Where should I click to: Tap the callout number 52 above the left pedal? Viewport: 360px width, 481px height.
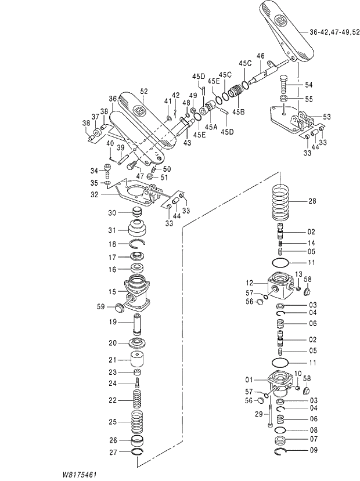tap(144, 91)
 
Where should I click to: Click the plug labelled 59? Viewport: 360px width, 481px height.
tap(121, 306)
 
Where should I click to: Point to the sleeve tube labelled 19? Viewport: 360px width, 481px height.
tap(138, 323)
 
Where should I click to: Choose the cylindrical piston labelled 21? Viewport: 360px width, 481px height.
tap(138, 360)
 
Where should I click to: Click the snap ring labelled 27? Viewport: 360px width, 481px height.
tap(138, 452)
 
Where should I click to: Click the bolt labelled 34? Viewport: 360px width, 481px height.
tap(108, 171)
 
